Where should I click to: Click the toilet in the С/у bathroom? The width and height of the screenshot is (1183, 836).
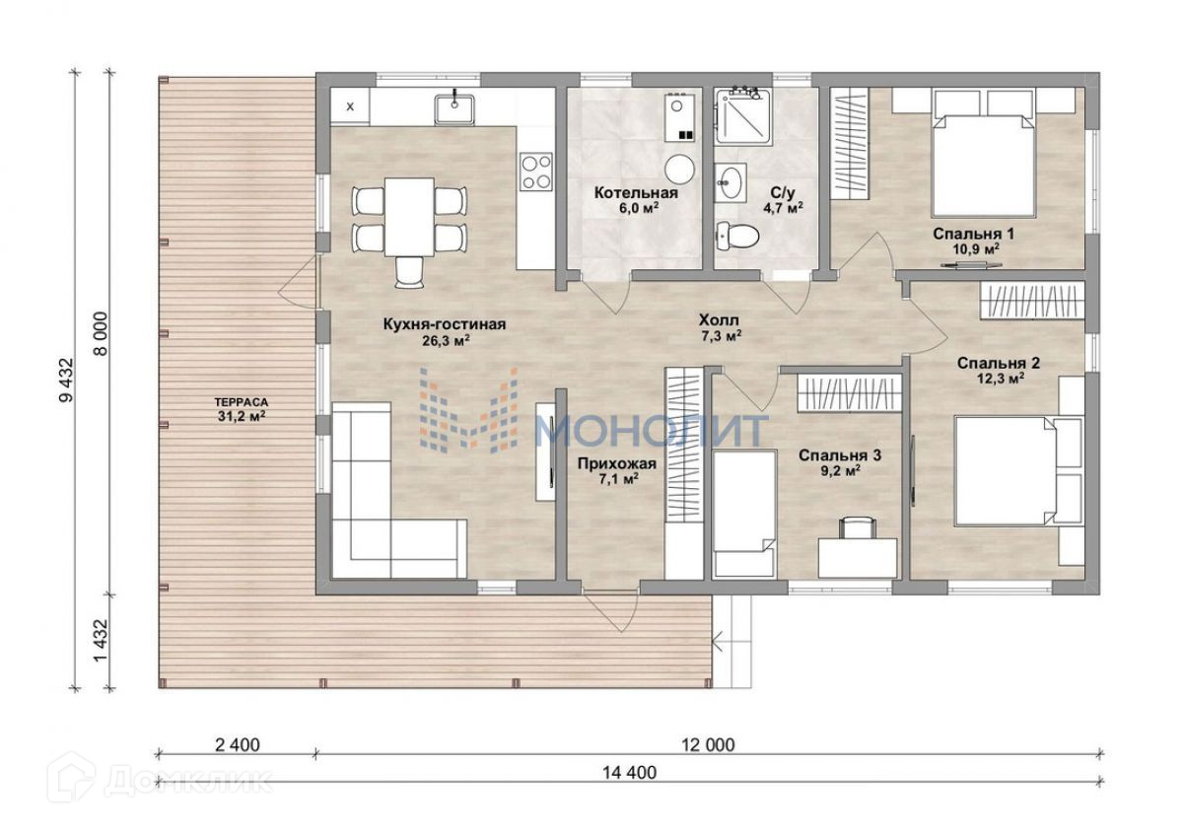737,236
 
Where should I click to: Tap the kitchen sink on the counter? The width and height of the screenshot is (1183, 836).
454,109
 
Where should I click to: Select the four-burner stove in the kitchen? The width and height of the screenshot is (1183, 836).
536,172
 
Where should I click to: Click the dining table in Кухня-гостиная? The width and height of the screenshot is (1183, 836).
409,217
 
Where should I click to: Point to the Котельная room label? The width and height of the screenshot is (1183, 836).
636,193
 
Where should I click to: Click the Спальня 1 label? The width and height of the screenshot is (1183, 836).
973,234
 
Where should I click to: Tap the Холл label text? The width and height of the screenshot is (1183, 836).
719,320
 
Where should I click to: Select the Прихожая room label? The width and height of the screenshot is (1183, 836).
617,463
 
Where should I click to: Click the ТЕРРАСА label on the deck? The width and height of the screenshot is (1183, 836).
242,403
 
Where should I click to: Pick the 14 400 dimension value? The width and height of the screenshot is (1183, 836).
630,773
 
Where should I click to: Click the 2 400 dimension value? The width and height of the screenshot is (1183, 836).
238,745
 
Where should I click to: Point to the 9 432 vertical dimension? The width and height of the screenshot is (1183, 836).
67,381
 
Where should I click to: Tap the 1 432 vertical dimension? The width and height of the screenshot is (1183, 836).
101,640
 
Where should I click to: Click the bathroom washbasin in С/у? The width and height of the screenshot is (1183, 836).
731,182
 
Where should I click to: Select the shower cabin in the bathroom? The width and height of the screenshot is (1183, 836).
743,116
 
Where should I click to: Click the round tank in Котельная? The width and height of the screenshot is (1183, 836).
679,169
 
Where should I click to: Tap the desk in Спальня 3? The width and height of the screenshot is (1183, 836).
858,558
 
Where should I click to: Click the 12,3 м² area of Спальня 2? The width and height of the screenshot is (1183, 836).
999,379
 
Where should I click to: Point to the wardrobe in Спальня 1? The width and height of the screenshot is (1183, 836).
849,144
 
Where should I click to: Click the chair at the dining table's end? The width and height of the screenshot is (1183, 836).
409,272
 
